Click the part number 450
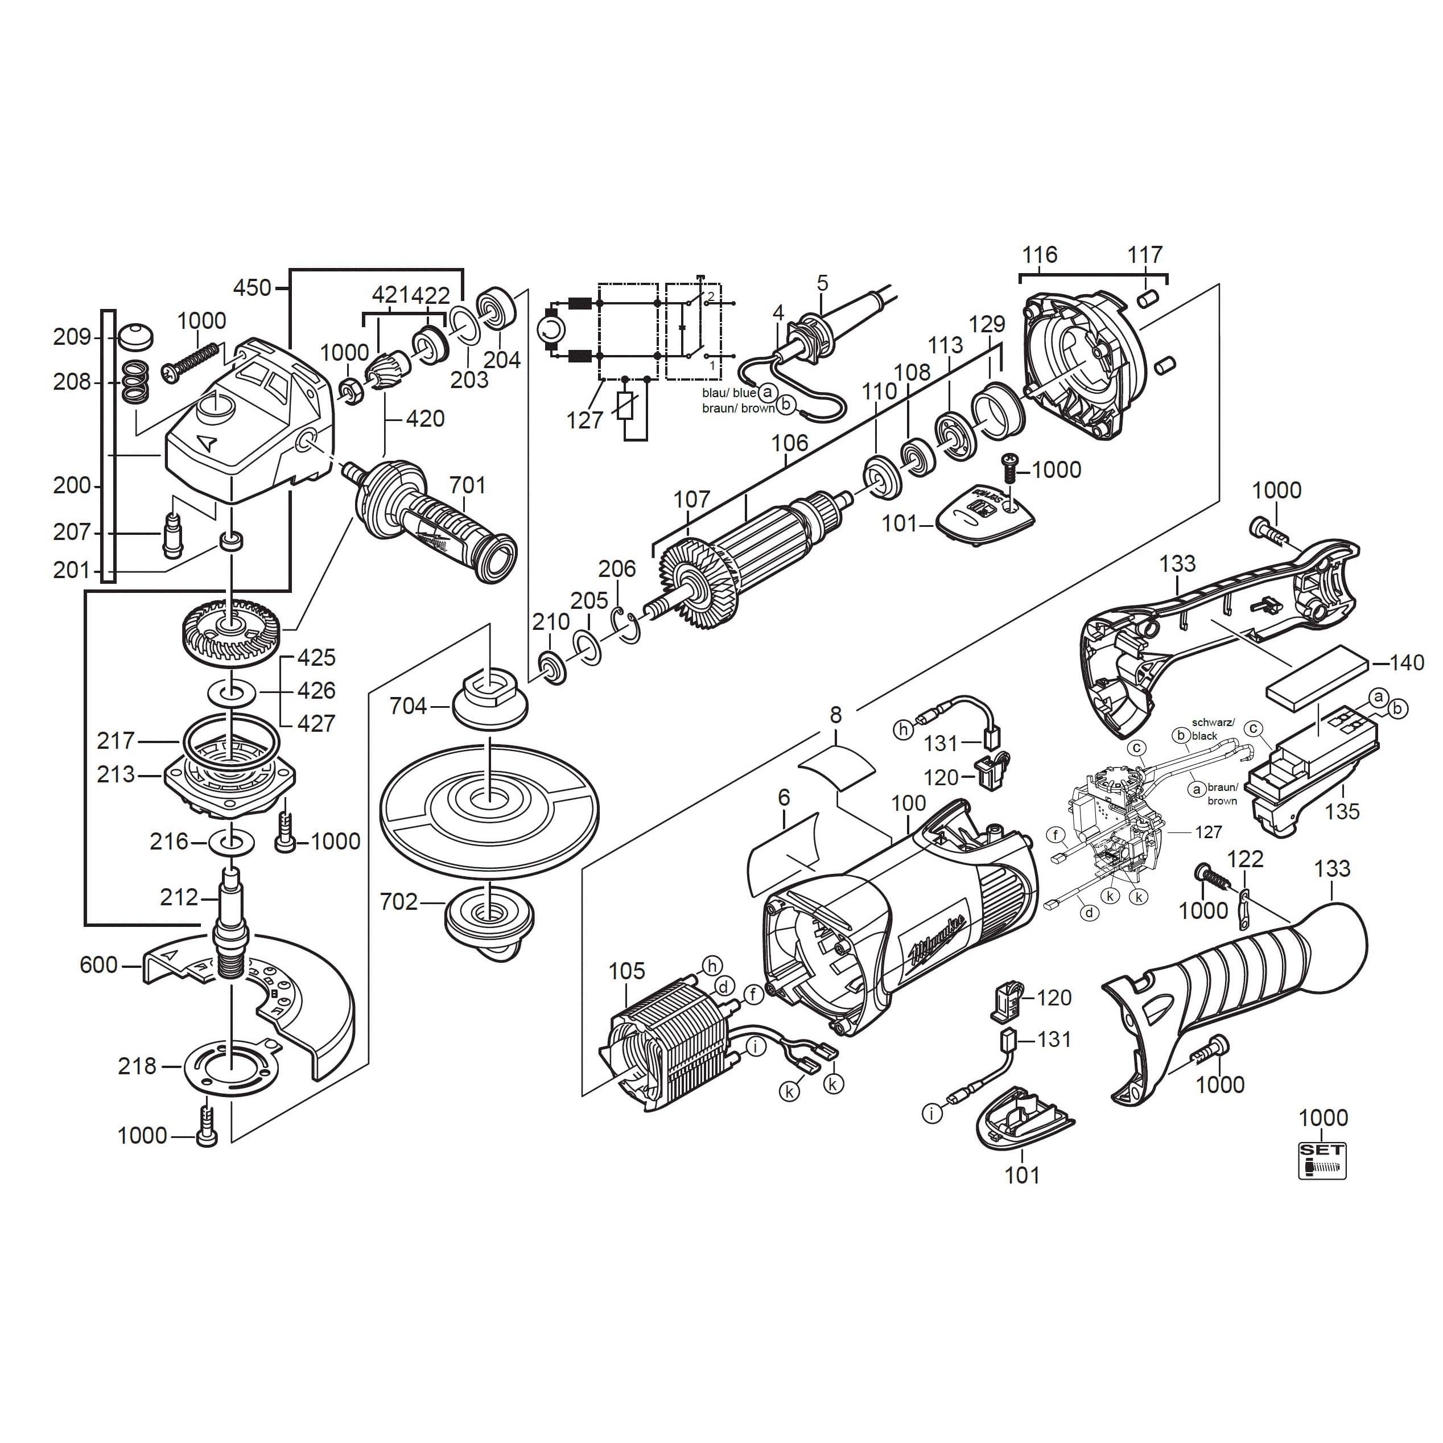click(x=253, y=287)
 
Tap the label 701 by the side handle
click(x=468, y=485)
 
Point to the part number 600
click(x=98, y=965)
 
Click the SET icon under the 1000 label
click(x=1321, y=1161)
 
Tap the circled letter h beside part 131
click(x=904, y=729)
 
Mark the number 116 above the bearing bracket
click(x=1040, y=255)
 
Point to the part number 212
click(x=179, y=897)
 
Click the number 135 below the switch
click(x=1342, y=811)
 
